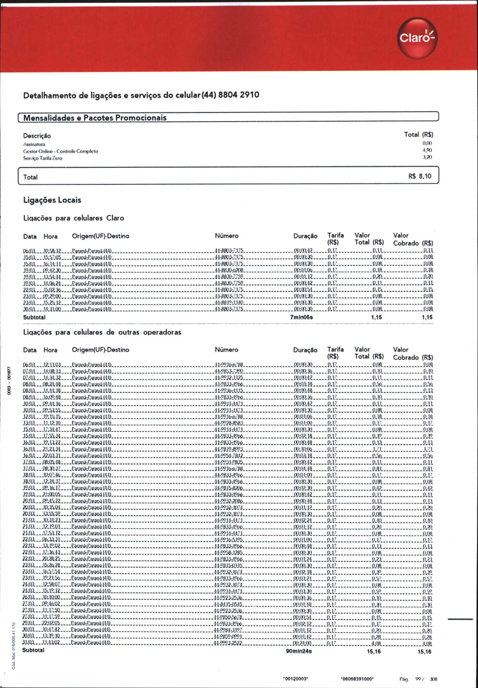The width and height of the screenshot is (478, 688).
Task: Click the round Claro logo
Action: [x=417, y=38]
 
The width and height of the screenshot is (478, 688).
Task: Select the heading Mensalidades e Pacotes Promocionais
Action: [x=95, y=118]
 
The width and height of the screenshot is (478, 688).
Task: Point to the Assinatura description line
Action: [x=34, y=144]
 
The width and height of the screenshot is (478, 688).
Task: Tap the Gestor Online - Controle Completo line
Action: [x=60, y=151]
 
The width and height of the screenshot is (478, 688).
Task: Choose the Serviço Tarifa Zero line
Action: [x=43, y=158]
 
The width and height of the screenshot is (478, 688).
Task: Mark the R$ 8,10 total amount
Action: [x=420, y=176]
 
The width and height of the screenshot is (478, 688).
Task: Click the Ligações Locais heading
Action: [x=52, y=200]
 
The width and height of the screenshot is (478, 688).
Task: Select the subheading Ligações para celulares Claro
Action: [x=73, y=218]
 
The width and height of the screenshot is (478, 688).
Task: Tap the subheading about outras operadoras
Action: [x=102, y=332]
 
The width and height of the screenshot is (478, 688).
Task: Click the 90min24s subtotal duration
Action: [x=299, y=651]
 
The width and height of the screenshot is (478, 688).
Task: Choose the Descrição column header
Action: [x=37, y=136]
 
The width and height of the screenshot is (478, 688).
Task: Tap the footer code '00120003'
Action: [x=295, y=679]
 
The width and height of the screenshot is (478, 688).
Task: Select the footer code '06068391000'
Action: [x=357, y=679]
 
